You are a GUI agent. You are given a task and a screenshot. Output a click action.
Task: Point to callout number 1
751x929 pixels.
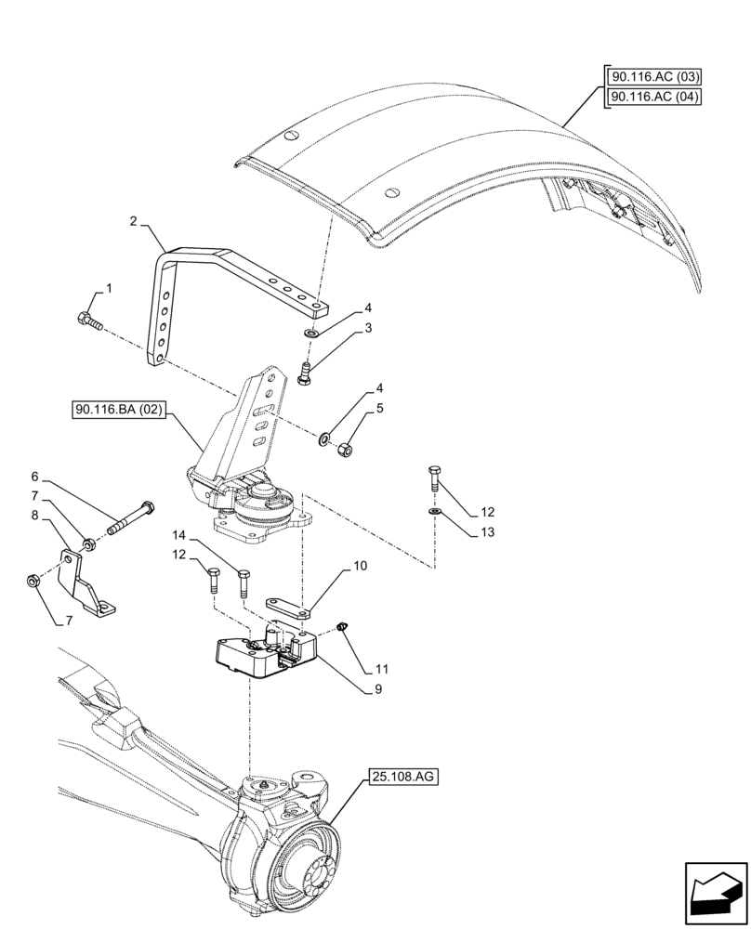click(109, 290)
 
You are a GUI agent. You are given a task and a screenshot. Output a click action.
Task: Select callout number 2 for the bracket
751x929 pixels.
click(134, 222)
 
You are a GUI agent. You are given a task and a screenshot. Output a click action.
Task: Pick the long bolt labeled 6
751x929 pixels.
click(130, 518)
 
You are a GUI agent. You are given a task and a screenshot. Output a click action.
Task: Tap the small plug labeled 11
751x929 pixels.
click(341, 629)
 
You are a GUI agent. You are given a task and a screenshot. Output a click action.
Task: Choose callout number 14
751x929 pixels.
click(178, 536)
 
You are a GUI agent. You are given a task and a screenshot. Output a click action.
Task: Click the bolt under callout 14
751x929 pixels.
click(244, 582)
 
